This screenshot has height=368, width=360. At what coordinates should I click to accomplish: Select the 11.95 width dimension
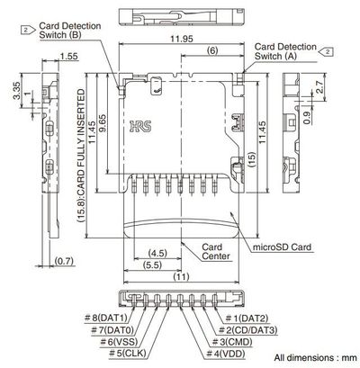[178, 40]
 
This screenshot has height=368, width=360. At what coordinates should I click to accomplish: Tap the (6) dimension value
[210, 52]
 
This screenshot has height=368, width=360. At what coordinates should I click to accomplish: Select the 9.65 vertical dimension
[103, 124]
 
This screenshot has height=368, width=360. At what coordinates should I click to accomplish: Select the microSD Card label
[283, 246]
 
